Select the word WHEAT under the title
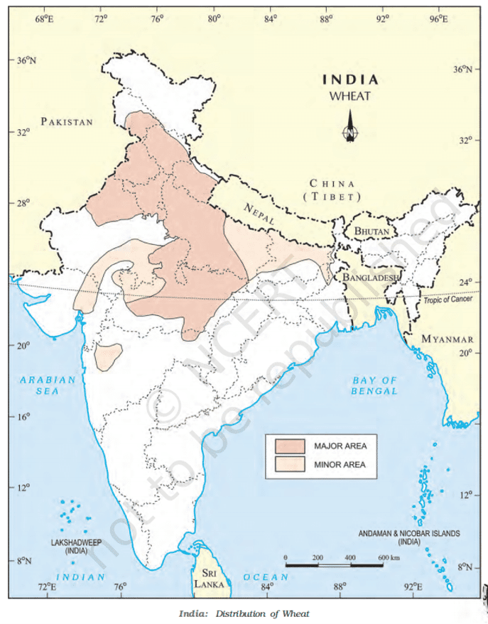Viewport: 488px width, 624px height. pyautogui.click(x=350, y=96)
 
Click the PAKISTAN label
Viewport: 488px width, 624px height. pyautogui.click(x=67, y=121)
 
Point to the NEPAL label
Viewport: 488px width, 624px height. pyautogui.click(x=259, y=214)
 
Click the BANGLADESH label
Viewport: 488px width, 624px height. pyautogui.click(x=371, y=278)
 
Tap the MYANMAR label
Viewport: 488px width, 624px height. pyautogui.click(x=448, y=339)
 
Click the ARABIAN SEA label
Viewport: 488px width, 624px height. pyautogui.click(x=48, y=385)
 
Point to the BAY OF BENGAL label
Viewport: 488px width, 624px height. pyautogui.click(x=374, y=385)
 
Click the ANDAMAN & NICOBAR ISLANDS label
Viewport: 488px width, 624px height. pyautogui.click(x=409, y=537)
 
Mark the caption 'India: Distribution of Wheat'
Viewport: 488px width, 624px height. pyautogui.click(x=244, y=613)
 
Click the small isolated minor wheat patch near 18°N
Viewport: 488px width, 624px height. pyautogui.click(x=108, y=356)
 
